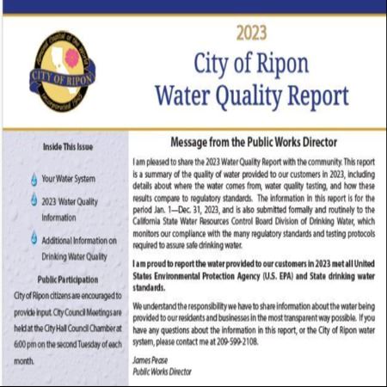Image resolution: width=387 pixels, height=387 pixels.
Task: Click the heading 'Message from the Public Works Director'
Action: (x=251, y=142)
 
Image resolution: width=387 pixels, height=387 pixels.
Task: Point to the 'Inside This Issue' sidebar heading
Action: (x=63, y=147)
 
